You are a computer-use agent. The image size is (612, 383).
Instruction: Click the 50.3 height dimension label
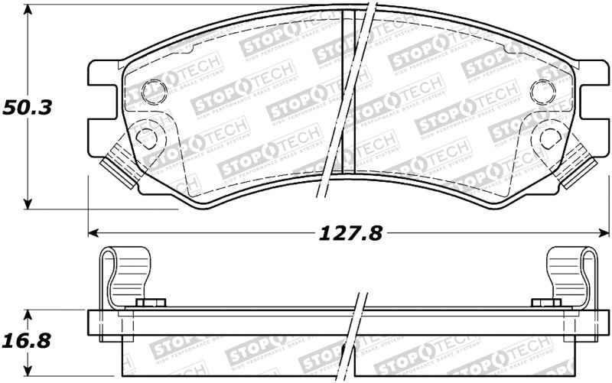click(x=26, y=108)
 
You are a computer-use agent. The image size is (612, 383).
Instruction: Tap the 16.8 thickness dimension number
click(x=26, y=338)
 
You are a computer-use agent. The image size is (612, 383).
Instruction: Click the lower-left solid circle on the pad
click(x=145, y=137)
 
